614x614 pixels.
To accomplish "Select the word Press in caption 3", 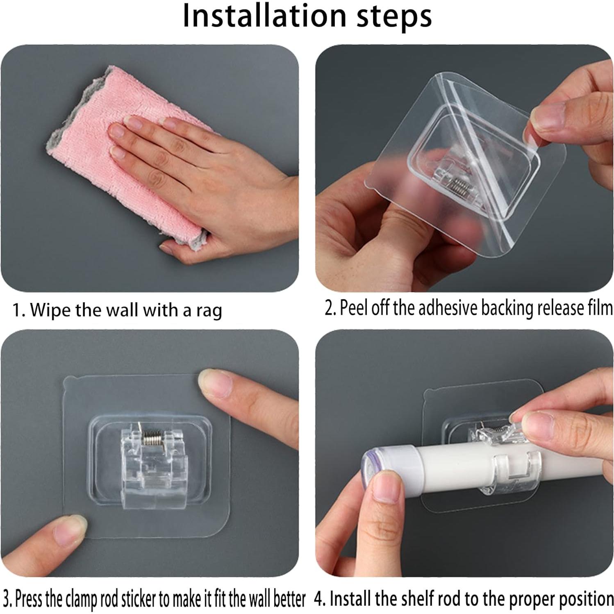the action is click(29, 599).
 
